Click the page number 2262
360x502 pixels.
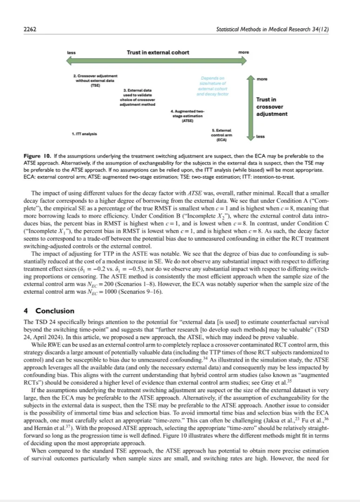coord(29,29)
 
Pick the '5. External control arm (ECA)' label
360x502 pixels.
coord(221,134)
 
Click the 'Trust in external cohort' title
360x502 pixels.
coord(158,52)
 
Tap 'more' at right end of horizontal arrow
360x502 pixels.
coord(243,53)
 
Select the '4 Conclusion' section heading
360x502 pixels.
coord(49,311)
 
